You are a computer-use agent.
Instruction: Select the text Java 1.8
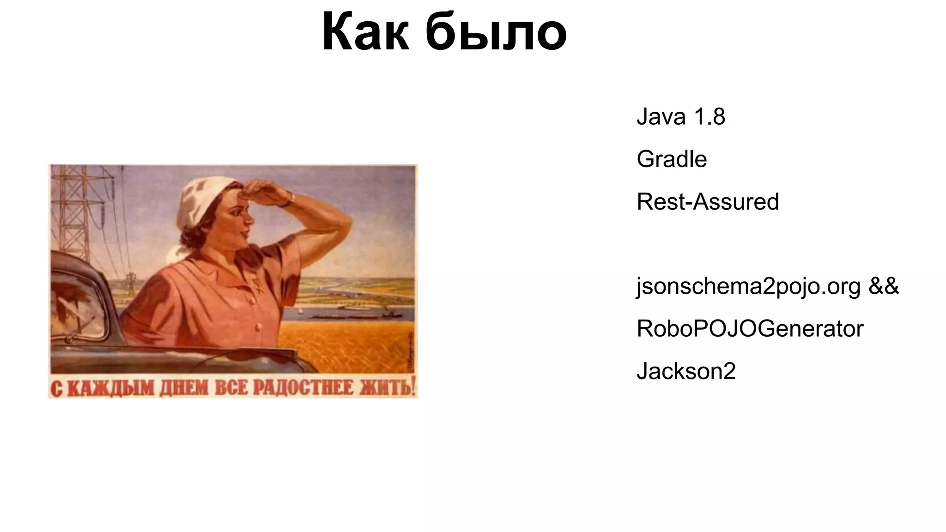click(x=680, y=116)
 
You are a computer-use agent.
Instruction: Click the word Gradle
click(x=671, y=159)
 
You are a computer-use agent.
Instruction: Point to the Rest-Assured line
click(x=707, y=202)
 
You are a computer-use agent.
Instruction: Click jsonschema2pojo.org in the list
click(x=748, y=287)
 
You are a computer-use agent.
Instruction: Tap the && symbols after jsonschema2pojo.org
click(x=884, y=286)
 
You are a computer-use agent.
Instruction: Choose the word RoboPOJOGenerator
click(x=750, y=329)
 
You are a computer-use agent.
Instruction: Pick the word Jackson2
click(x=686, y=371)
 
